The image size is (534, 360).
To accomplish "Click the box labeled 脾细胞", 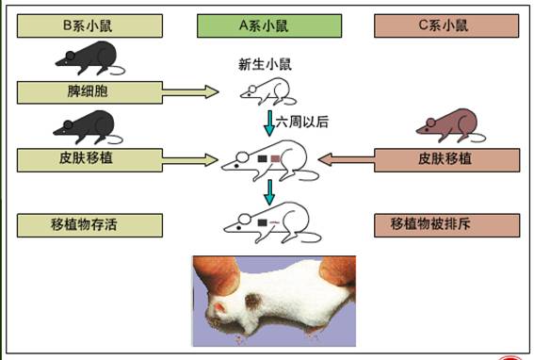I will click(89, 92).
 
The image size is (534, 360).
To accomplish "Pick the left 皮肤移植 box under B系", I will click(89, 159).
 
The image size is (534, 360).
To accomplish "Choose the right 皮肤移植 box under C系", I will click(446, 159).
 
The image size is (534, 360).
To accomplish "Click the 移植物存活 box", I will click(89, 225).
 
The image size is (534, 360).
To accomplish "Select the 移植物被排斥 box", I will click(446, 225).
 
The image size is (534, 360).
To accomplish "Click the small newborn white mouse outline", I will click(267, 90).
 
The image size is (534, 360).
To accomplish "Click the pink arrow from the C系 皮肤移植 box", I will click(347, 159).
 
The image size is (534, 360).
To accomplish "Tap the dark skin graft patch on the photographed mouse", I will click(254, 303).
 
